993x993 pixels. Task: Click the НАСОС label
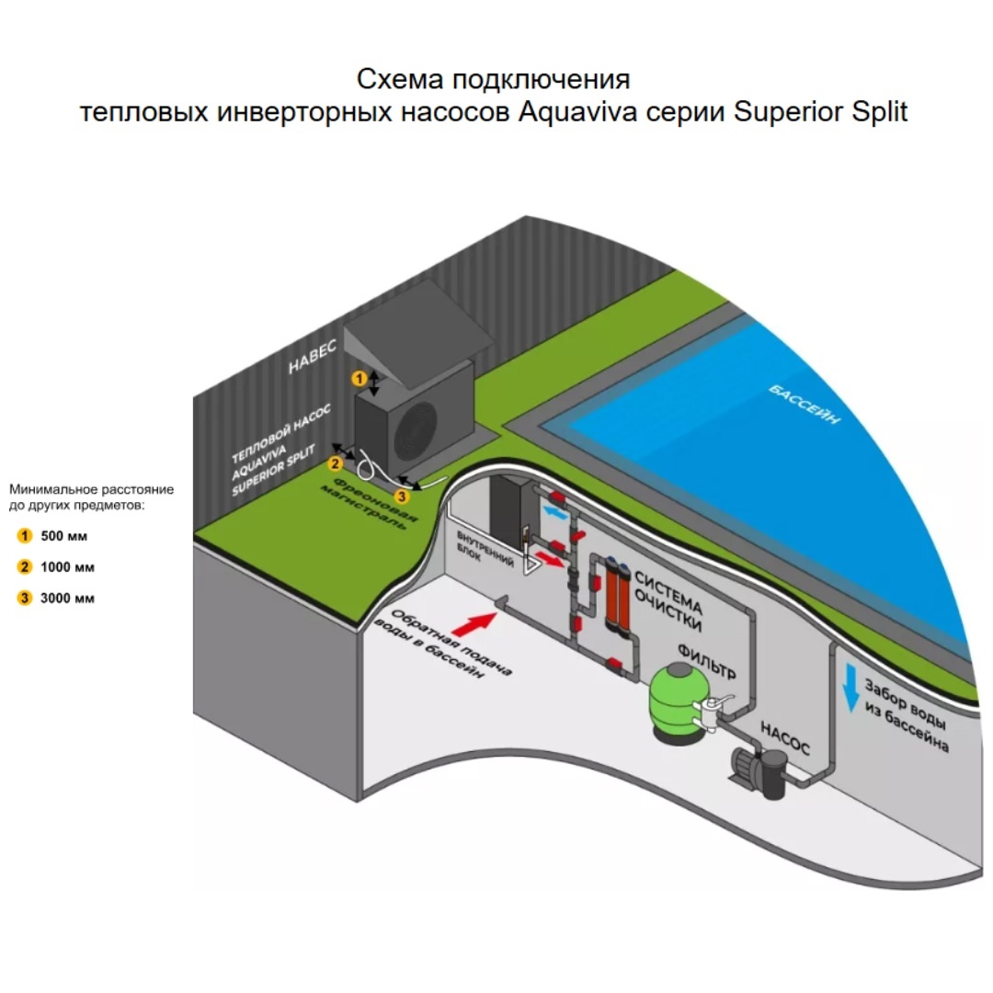pos(784,739)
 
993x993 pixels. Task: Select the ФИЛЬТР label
pos(707,661)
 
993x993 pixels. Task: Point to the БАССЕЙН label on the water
pos(805,404)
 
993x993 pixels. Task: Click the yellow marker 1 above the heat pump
pos(360,379)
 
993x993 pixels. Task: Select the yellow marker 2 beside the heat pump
pos(335,464)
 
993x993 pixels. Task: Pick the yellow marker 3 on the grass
pos(402,497)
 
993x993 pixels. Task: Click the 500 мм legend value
pos(64,536)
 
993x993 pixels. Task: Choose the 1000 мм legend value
pos(67,567)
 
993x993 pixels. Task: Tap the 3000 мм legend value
pos(67,599)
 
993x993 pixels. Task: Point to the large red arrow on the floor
pos(474,623)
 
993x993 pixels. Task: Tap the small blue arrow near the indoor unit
pos(555,512)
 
